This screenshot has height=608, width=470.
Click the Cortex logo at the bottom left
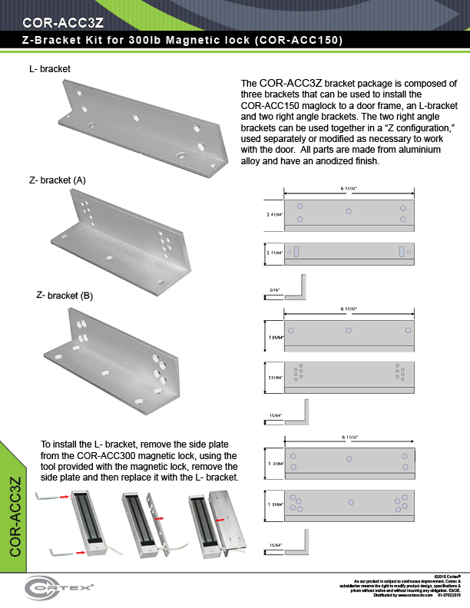60,589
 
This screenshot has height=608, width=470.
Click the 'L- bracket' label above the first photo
49,69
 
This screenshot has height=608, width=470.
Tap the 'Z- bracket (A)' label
58,180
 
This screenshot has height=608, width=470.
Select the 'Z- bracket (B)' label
65,295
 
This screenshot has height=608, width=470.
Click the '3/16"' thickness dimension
274,289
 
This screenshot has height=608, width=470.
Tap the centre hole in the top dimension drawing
349,210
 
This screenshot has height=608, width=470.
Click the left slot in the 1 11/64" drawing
297,252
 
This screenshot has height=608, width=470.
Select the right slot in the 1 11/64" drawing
400,252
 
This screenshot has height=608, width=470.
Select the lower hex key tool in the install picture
58,550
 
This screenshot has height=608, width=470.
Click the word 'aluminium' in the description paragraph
432,150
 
